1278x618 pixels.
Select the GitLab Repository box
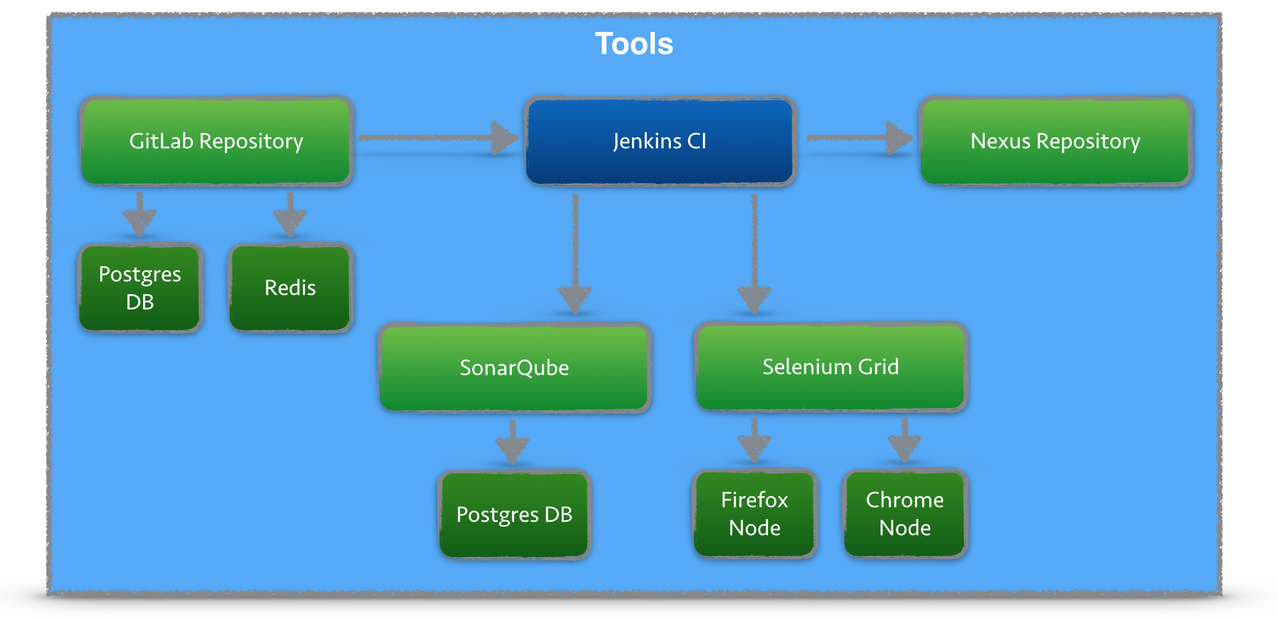click(x=217, y=141)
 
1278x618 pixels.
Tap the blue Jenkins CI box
click(x=660, y=141)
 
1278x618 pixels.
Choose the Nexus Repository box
click(x=1055, y=141)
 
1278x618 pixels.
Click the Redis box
click(x=291, y=288)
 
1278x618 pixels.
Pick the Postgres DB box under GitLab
click(x=140, y=288)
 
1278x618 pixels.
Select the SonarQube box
click(x=514, y=368)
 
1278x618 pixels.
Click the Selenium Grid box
click(x=831, y=367)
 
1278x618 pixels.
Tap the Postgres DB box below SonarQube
click(x=514, y=515)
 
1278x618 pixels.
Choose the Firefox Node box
click(x=755, y=514)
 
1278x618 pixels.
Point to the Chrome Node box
click(x=905, y=514)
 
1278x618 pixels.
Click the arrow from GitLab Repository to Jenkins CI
click(x=438, y=138)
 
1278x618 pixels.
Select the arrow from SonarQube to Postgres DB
click(x=512, y=442)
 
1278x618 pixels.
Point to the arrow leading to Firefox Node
click(x=755, y=441)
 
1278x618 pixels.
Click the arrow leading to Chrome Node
click(x=905, y=441)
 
